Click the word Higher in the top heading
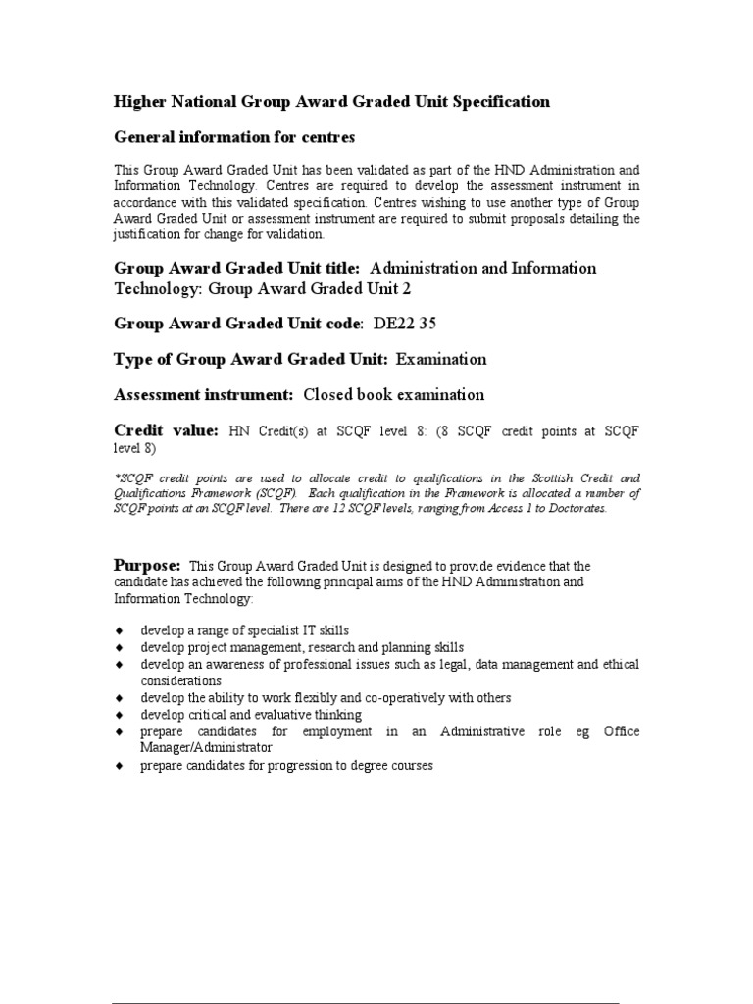tap(139, 102)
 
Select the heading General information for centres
tap(234, 136)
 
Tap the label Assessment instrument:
tap(204, 395)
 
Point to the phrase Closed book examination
tap(394, 395)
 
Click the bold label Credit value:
tap(167, 430)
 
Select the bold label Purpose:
tap(148, 566)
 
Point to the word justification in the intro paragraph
tap(147, 234)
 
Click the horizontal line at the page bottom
tap(365, 1003)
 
